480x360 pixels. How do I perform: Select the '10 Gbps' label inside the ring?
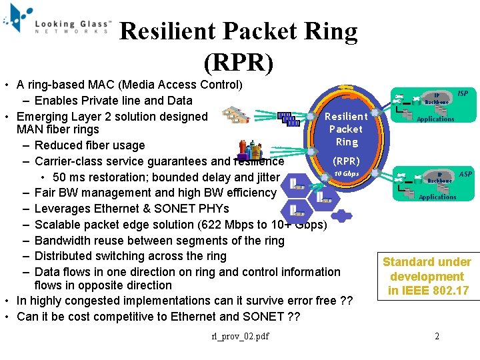point(347,173)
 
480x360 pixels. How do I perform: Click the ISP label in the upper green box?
point(462,94)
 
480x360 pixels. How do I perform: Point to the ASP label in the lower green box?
point(465,174)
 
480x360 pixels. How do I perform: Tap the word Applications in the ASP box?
point(437,197)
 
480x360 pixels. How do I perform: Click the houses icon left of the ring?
point(237,115)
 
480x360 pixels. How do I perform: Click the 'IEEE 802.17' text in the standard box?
point(427,291)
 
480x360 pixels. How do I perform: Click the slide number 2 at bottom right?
point(437,336)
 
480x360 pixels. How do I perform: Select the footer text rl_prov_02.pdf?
point(240,336)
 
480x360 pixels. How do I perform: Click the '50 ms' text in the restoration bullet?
point(69,177)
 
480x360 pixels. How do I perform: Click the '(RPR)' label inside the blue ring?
point(346,161)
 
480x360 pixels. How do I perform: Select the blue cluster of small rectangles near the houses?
point(287,119)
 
